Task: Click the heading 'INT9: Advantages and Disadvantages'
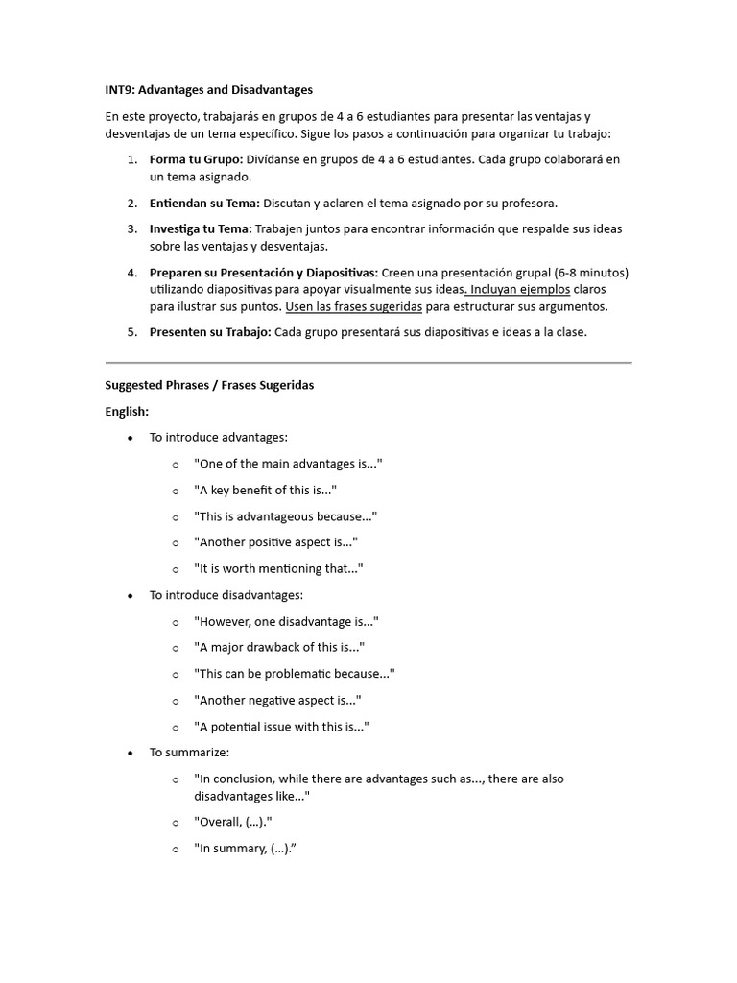click(x=208, y=90)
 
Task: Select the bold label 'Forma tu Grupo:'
click(x=196, y=159)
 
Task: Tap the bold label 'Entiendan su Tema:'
click(x=204, y=204)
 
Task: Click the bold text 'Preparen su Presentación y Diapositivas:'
click(x=264, y=273)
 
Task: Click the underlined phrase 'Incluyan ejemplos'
click(x=520, y=289)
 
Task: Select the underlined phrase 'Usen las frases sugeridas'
click(x=354, y=307)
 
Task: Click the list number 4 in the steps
click(x=131, y=273)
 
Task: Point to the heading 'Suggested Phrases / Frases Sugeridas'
click(x=209, y=385)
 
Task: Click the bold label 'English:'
click(x=127, y=411)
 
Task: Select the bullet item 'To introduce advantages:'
click(x=218, y=438)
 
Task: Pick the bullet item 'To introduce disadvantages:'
click(x=226, y=595)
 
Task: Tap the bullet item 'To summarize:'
click(x=189, y=753)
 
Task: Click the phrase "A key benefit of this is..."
click(x=265, y=491)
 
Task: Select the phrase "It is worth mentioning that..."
click(x=278, y=569)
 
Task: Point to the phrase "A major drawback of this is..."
click(x=279, y=648)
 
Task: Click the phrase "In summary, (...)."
click(x=245, y=849)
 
